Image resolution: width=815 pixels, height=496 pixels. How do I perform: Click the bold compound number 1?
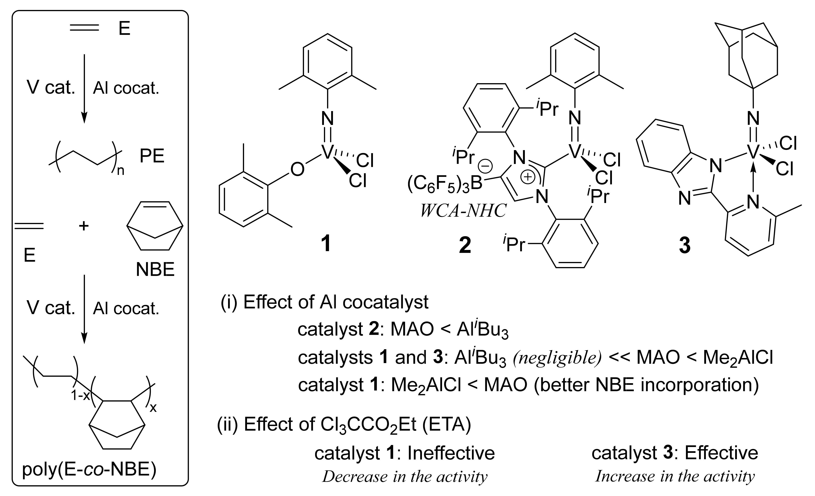326,244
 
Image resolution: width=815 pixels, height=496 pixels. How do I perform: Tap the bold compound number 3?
684,246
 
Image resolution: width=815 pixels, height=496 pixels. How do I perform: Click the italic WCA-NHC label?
463,211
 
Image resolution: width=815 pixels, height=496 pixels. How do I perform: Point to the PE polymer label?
152,156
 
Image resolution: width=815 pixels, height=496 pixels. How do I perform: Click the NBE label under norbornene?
155,270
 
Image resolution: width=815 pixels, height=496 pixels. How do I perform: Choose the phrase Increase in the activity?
675,476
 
